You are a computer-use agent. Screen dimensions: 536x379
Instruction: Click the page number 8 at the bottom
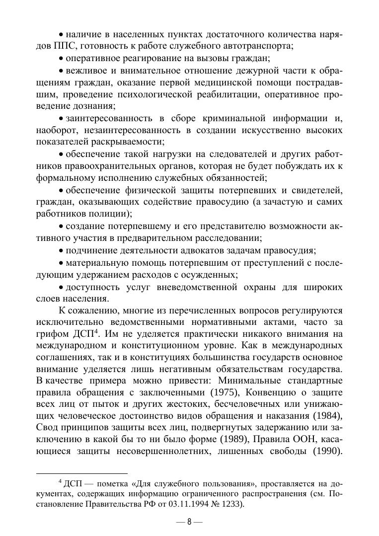pos(189,522)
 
